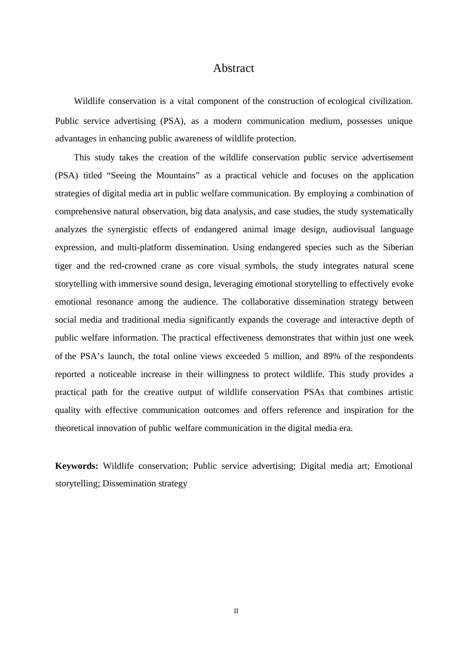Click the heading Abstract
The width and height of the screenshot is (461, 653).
click(233, 69)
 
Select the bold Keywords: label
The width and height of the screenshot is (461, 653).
click(77, 466)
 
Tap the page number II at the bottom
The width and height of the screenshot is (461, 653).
click(236, 611)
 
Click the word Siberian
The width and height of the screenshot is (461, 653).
click(398, 247)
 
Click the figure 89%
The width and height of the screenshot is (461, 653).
click(331, 356)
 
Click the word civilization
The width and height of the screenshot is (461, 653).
click(391, 101)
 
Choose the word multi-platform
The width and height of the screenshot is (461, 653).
click(144, 247)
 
